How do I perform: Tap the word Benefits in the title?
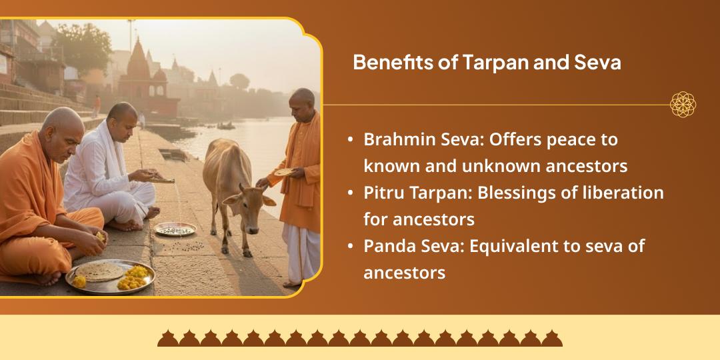pyautogui.click(x=388, y=63)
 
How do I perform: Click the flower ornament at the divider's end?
pyautogui.click(x=683, y=105)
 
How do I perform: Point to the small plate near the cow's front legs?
pyautogui.click(x=175, y=229)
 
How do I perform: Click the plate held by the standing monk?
pyautogui.click(x=285, y=172)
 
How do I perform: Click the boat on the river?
pyautogui.click(x=225, y=125)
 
